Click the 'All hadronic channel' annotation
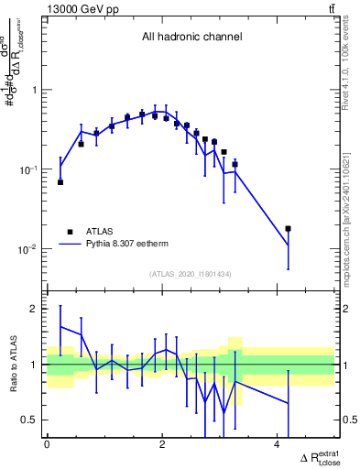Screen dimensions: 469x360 191,38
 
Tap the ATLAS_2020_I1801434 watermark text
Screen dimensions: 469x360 191,274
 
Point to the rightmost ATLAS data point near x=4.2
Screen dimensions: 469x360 288,228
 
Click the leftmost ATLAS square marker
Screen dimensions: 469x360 60,182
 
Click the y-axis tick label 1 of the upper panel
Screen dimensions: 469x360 36,91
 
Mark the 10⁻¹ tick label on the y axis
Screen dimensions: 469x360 30,170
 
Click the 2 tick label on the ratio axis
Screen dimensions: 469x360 36,310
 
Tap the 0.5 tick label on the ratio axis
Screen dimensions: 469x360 31,420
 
